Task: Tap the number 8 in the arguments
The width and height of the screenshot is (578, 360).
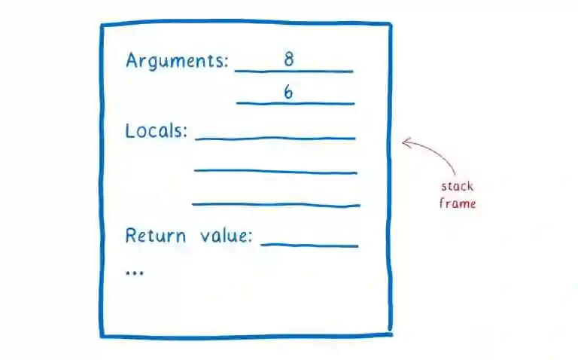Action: pyautogui.click(x=289, y=59)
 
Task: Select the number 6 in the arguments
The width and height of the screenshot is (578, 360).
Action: pyautogui.click(x=288, y=92)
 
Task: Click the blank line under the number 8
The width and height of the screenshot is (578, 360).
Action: pyautogui.click(x=294, y=72)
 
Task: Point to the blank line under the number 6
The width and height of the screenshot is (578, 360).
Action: pyautogui.click(x=295, y=103)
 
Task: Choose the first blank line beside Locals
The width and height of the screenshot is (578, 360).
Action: pyautogui.click(x=275, y=139)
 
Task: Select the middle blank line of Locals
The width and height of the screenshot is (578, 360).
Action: pyautogui.click(x=275, y=171)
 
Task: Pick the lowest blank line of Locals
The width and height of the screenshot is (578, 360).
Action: pyautogui.click(x=276, y=203)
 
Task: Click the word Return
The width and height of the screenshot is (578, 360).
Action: pyautogui.click(x=155, y=236)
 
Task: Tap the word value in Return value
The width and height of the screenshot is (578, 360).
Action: pyautogui.click(x=224, y=236)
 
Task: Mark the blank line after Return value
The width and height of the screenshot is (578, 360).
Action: pyautogui.click(x=309, y=246)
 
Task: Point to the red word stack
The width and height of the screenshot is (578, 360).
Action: pyautogui.click(x=457, y=187)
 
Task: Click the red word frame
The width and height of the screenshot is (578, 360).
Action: pyautogui.click(x=458, y=203)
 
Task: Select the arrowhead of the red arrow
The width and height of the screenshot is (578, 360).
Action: pyautogui.click(x=406, y=142)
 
